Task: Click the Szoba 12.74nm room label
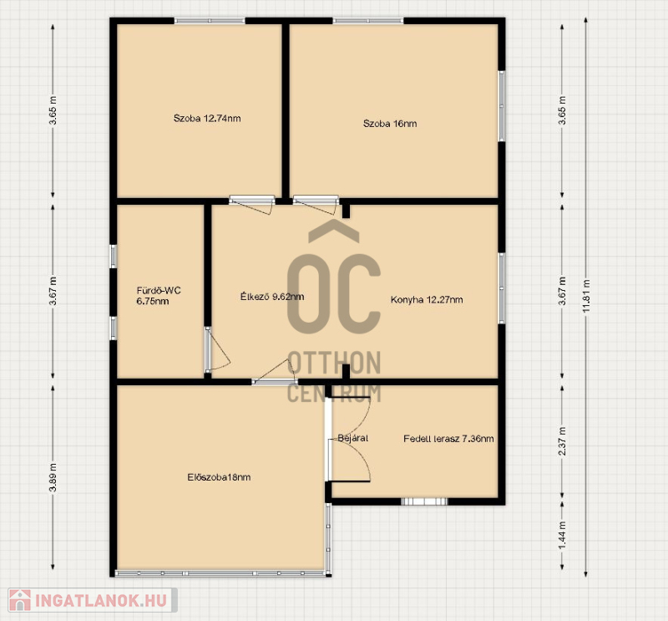(207, 118)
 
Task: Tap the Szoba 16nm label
(390, 124)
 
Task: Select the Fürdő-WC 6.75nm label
(159, 296)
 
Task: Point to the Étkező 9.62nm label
(272, 297)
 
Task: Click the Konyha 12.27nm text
(427, 299)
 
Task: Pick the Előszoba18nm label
(219, 477)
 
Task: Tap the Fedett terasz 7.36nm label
(448, 439)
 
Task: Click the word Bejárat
(352, 438)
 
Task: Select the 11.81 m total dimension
(587, 297)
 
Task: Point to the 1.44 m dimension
(562, 536)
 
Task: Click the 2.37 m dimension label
(562, 441)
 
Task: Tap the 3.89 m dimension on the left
(53, 477)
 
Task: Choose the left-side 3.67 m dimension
(53, 292)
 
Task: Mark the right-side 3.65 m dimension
(562, 110)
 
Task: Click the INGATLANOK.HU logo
(93, 600)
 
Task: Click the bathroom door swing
(218, 349)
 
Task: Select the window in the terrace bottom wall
(424, 501)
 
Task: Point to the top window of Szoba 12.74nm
(210, 20)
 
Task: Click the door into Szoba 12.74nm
(252, 204)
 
